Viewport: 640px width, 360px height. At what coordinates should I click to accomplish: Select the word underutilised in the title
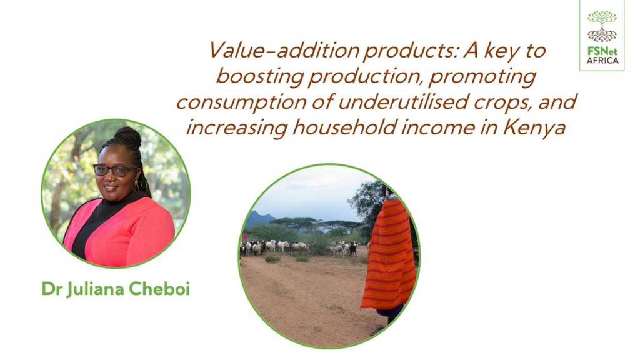402,101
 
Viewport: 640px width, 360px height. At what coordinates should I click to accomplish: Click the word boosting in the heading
259,77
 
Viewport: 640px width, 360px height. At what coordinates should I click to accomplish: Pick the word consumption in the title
241,102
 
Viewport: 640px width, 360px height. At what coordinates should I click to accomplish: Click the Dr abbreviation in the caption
51,289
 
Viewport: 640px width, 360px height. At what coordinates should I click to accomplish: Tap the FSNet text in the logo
602,52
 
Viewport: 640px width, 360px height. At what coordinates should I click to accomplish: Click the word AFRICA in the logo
603,61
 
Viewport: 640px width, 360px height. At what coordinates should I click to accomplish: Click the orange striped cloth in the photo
389,255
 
